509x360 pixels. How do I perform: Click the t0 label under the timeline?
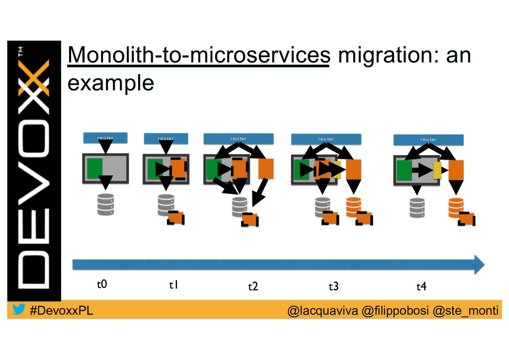pyautogui.click(x=101, y=284)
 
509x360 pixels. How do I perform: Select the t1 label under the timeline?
pyautogui.click(x=173, y=285)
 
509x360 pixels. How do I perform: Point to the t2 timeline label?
pyautogui.click(x=253, y=286)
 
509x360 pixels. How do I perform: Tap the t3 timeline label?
pyautogui.click(x=334, y=286)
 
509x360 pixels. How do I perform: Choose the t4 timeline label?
pyautogui.click(x=421, y=286)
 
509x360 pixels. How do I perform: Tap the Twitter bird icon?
pyautogui.click(x=18, y=310)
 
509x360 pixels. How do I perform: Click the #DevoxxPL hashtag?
pyautogui.click(x=61, y=311)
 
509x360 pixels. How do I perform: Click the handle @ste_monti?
pyautogui.click(x=465, y=311)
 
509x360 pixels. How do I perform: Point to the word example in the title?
pyautogui.click(x=110, y=83)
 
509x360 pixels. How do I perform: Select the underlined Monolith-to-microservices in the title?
pyautogui.click(x=199, y=57)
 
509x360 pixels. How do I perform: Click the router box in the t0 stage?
pyautogui.click(x=105, y=137)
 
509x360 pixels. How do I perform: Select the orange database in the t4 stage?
pyautogui.click(x=456, y=207)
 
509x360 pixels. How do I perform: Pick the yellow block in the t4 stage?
pyautogui.click(x=437, y=170)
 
